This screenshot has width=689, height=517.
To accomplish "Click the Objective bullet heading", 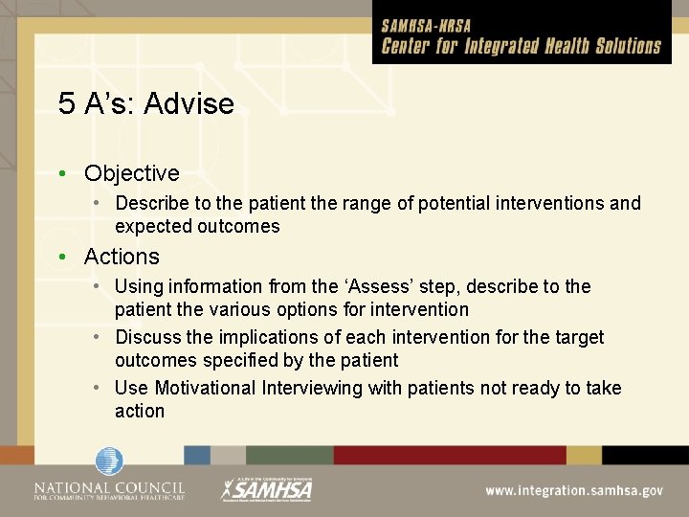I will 131,173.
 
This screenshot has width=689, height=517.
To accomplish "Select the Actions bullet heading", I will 122,257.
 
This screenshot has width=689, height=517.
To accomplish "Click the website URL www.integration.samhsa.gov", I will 573,490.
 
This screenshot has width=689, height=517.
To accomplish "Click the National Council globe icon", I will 109,461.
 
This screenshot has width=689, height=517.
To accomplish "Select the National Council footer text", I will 109,490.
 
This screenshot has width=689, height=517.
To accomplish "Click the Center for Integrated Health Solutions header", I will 522,46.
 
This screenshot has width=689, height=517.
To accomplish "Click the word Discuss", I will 148,337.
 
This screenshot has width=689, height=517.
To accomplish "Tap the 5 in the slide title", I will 66,103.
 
